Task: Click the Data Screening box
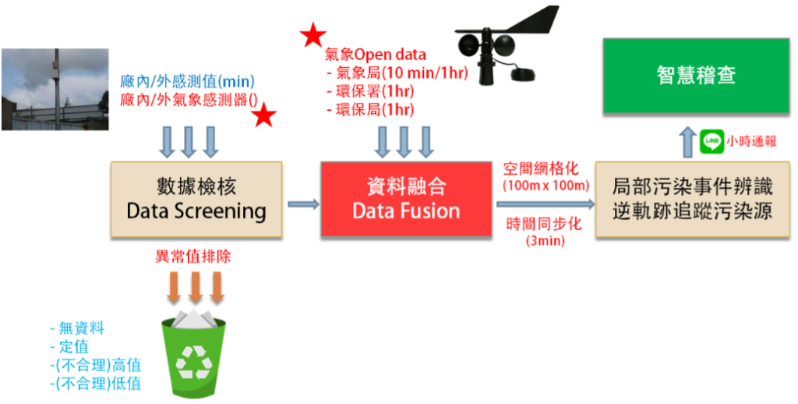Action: pyautogui.click(x=196, y=199)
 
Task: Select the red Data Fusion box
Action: pyautogui.click(x=405, y=199)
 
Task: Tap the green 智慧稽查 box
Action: pyautogui.click(x=695, y=76)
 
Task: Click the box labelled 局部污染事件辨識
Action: pyautogui.click(x=692, y=199)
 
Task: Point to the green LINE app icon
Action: pyautogui.click(x=711, y=141)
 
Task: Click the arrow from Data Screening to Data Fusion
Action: pyautogui.click(x=303, y=204)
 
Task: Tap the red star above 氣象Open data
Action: pyautogui.click(x=312, y=35)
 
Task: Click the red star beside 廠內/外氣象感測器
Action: pyautogui.click(x=264, y=116)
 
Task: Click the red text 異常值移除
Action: pyautogui.click(x=192, y=256)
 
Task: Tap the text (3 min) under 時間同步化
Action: pyautogui.click(x=546, y=241)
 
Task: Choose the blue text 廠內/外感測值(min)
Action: pyautogui.click(x=188, y=81)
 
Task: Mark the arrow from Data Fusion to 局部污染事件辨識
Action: pyautogui.click(x=543, y=204)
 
